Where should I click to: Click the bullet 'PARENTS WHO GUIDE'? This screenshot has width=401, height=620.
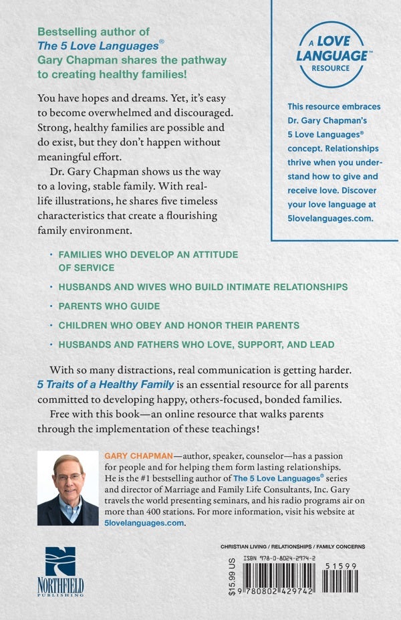[110, 306]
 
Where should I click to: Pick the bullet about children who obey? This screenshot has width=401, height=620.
[178, 325]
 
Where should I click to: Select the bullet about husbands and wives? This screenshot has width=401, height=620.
[203, 286]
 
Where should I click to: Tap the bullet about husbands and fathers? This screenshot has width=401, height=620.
[196, 344]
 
